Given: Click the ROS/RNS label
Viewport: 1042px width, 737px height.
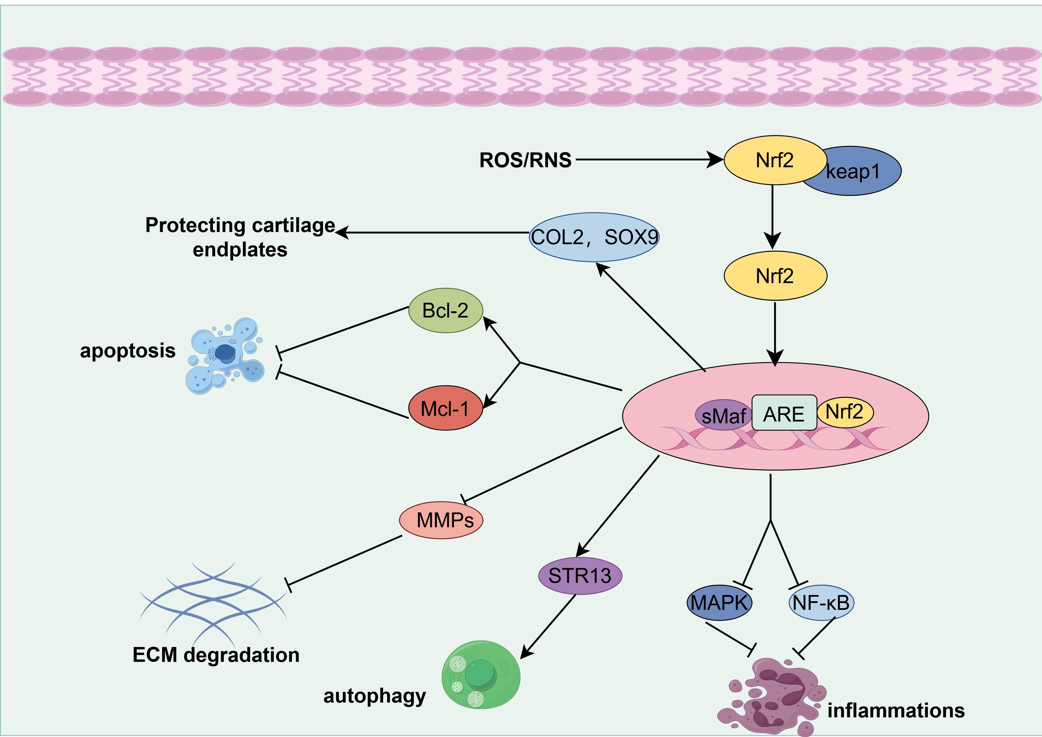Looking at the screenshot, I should [525, 160].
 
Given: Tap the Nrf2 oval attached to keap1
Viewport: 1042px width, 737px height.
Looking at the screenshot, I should [774, 160].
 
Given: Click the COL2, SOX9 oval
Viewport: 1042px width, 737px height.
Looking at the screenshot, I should [594, 237].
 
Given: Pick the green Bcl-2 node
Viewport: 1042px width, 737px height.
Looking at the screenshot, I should [445, 311].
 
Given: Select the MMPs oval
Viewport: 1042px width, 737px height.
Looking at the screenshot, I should [441, 520].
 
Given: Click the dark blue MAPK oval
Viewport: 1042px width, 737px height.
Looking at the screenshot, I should [719, 603].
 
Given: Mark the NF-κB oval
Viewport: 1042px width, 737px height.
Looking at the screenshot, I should [821, 603].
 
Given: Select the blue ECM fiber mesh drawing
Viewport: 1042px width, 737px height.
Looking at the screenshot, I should [213, 604].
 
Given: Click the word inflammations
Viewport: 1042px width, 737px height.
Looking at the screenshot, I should [895, 711].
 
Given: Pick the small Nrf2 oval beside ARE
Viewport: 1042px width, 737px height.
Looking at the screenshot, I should [844, 412].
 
